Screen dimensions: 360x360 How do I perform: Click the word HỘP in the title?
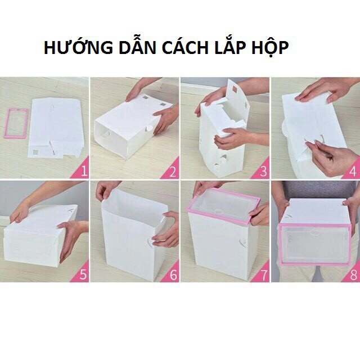(270, 48)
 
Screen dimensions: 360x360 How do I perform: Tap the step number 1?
(84, 171)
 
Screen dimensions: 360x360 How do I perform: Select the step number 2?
(173, 172)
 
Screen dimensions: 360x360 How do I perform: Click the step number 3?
(263, 172)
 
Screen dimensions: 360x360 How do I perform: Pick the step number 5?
(83, 274)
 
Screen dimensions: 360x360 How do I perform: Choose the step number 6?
(173, 274)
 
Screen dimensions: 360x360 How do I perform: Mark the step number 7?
(264, 274)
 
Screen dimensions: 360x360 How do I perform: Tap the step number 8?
(354, 274)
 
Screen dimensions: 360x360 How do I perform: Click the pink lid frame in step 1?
(6, 124)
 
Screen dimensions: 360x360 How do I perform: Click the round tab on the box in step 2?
(150, 128)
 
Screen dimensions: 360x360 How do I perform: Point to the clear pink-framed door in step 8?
(314, 245)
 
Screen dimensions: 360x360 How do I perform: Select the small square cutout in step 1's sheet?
(35, 152)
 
